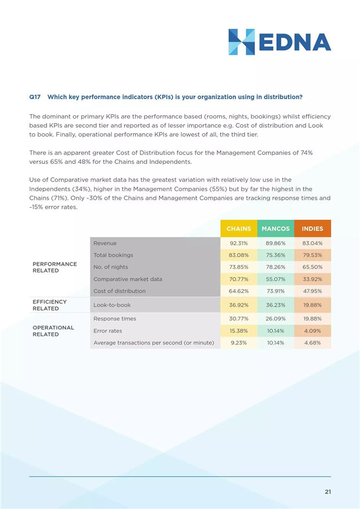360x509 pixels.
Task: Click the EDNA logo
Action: pyautogui.click(x=280, y=42)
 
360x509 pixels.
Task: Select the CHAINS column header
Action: pyautogui.click(x=239, y=229)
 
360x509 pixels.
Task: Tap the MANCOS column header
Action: pyautogui.click(x=276, y=229)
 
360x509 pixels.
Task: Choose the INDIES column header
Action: pyautogui.click(x=312, y=229)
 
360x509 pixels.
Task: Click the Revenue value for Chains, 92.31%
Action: pyautogui.click(x=239, y=243)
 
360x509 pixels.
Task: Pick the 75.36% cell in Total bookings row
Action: pyautogui.click(x=276, y=255)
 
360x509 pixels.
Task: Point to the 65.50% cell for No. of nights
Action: pyautogui.click(x=312, y=267)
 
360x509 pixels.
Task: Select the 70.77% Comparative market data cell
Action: pyautogui.click(x=239, y=279)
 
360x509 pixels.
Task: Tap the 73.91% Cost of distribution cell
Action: pyautogui.click(x=276, y=291)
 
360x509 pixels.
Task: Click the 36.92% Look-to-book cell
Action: pyautogui.click(x=239, y=305)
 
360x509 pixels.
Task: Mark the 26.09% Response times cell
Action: pyautogui.click(x=276, y=319)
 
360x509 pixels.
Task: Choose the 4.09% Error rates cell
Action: pyautogui.click(x=312, y=331)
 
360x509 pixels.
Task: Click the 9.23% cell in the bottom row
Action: pyautogui.click(x=239, y=343)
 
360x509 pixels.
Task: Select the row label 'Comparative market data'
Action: pyautogui.click(x=127, y=279)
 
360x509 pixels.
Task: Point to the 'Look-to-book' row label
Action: pyautogui.click(x=112, y=305)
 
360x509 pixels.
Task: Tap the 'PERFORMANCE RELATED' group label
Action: pyautogui.click(x=55, y=267)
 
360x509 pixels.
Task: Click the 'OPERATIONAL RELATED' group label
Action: pyautogui.click(x=53, y=331)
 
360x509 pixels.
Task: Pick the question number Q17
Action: pyautogui.click(x=35, y=97)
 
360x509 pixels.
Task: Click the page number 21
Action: pyautogui.click(x=328, y=492)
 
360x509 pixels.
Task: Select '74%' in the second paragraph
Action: pyautogui.click(x=306, y=152)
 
